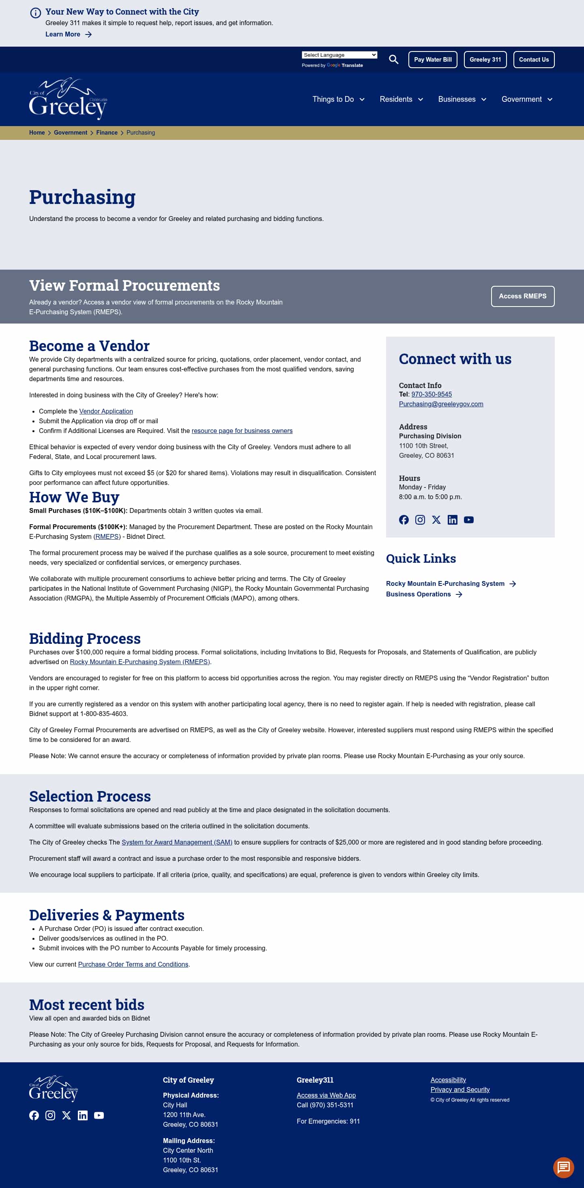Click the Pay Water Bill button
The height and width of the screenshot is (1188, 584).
[x=432, y=60]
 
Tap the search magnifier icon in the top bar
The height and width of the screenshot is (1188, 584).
[x=393, y=60]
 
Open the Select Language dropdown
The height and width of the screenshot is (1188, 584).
[x=339, y=55]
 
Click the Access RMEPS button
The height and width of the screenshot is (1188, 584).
[x=522, y=296]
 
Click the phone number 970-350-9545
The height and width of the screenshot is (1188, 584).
[x=432, y=394]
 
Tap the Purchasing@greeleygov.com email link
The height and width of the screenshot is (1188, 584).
[x=440, y=404]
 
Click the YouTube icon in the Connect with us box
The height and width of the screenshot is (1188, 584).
[x=468, y=520]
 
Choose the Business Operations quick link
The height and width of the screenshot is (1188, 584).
[x=419, y=594]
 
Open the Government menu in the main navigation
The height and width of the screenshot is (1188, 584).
[x=526, y=99]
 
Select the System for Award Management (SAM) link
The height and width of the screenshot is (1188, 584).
[x=177, y=842]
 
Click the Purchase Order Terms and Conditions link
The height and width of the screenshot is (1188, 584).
[x=133, y=964]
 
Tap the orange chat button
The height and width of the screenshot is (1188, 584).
[x=563, y=1167]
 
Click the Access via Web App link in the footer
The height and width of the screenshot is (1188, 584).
[x=326, y=1095]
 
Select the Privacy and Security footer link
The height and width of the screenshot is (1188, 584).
[x=459, y=1089]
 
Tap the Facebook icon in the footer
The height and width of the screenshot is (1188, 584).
[x=34, y=1115]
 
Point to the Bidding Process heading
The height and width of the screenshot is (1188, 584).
[x=85, y=638]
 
